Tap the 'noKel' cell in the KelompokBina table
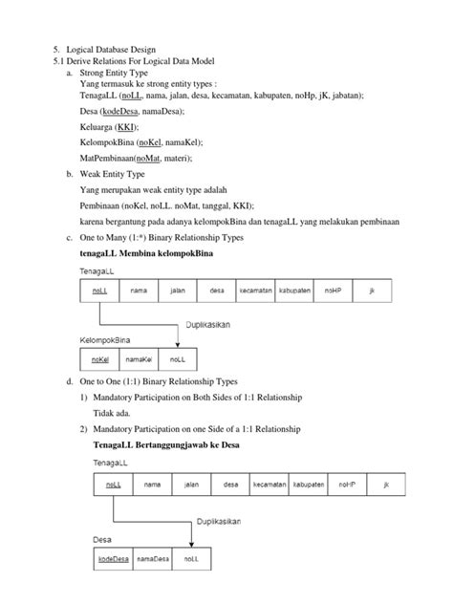(100, 359)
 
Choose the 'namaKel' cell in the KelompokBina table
(140, 359)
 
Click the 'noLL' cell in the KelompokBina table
(178, 359)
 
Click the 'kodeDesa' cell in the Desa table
(113, 557)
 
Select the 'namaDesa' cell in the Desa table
(153, 557)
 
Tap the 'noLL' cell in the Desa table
(191, 557)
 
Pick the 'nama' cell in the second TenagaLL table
(152, 485)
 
